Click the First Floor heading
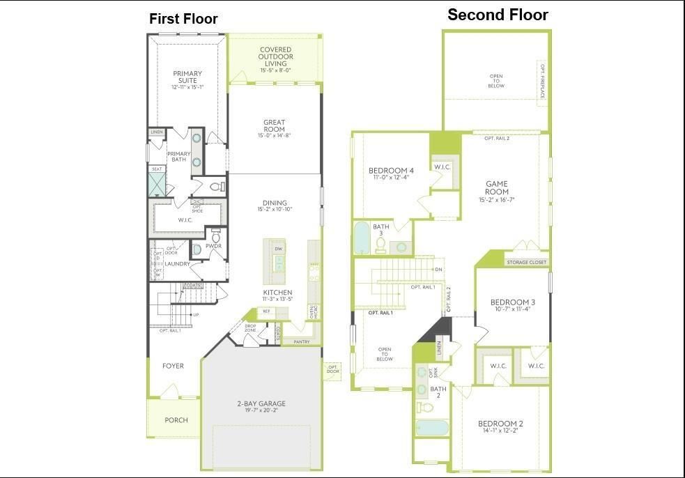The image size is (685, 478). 183,20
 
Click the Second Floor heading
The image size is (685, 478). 498,15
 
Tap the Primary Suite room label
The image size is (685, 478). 187,77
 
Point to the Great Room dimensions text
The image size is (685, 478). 275,135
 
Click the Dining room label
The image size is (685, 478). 275,203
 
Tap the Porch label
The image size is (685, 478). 176,420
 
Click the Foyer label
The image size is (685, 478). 173,366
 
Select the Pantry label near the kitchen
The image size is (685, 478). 301,341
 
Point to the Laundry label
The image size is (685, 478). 178,264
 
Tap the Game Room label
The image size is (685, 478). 497,187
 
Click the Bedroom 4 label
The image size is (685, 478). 391,171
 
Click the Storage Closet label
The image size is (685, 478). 526,263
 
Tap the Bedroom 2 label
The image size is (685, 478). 500,424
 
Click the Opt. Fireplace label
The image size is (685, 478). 542,81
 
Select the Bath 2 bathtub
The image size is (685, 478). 432,427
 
